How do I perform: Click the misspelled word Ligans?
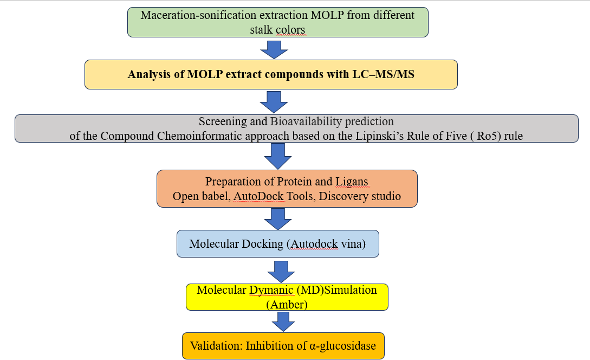353,181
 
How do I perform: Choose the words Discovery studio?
360,196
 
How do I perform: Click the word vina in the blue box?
354,244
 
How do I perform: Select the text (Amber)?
287,304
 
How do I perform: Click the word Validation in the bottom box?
215,345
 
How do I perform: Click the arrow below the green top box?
274,49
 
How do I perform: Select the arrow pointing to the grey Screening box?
274,101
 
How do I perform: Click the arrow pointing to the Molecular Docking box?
278,219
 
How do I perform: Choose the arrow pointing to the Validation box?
282,322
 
